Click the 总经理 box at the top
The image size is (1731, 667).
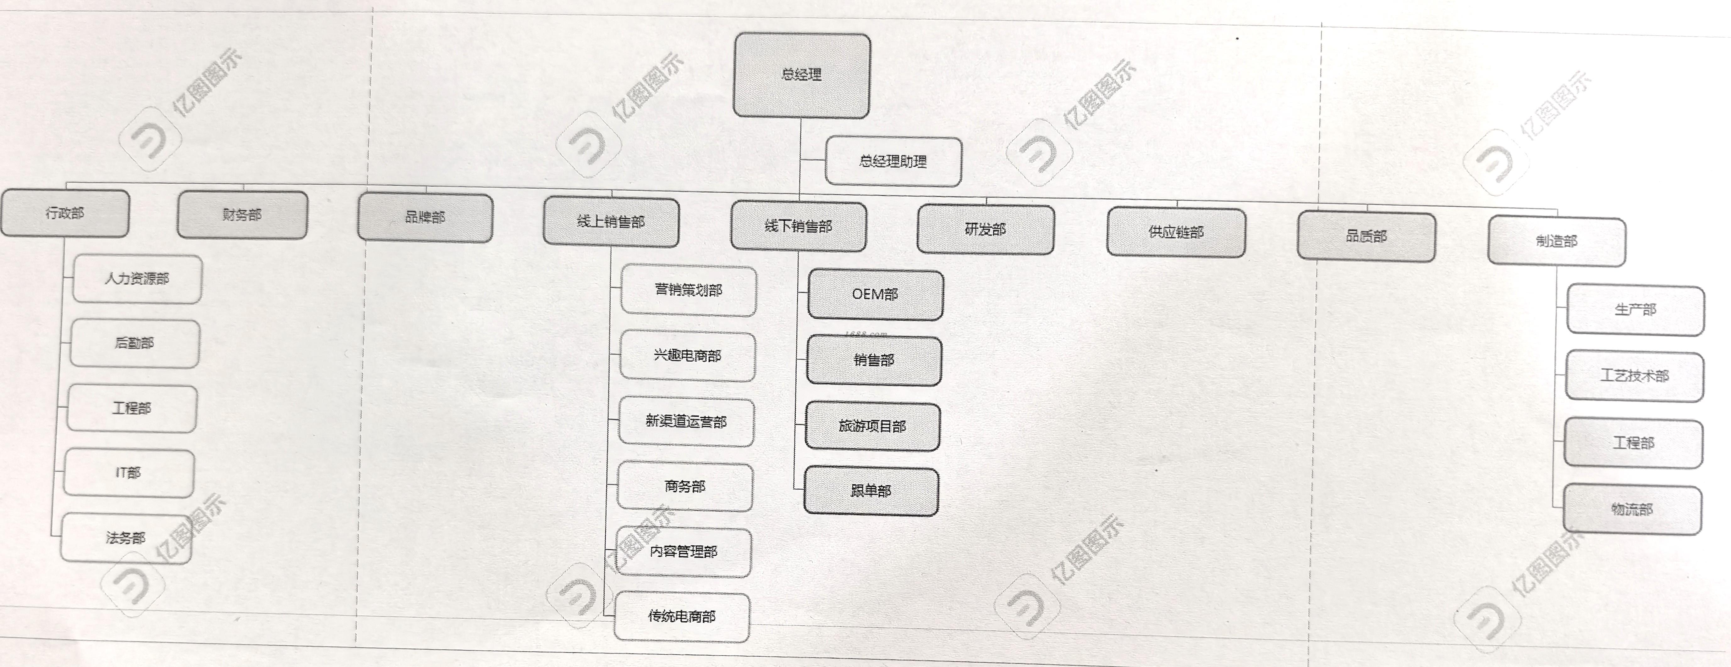[802, 75]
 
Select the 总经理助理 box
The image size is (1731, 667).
[893, 161]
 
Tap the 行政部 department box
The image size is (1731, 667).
[65, 213]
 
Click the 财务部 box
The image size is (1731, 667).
[243, 214]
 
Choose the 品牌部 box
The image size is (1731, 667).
[425, 217]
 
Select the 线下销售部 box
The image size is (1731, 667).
[798, 226]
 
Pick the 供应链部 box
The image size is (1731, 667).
[1176, 232]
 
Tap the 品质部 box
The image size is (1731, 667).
[1366, 236]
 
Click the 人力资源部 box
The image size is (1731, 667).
[137, 278]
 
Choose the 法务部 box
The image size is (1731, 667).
[126, 537]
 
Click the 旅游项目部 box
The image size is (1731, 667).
[872, 426]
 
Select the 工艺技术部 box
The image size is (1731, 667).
[1634, 376]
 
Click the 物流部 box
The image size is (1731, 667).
[1632, 510]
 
